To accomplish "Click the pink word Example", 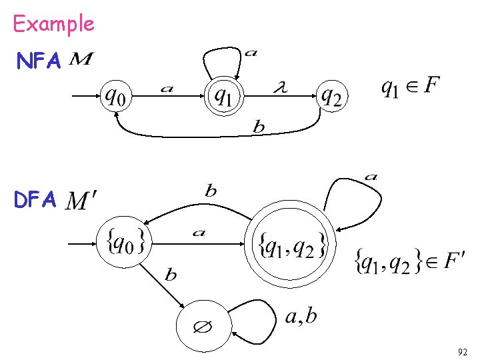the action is [x=53, y=24].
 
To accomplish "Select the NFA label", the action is [x=39, y=61].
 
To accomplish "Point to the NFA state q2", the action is [x=331, y=97].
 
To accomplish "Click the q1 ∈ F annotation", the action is [x=409, y=87].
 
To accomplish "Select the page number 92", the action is [x=463, y=351].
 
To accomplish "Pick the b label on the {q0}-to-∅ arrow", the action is [x=171, y=275].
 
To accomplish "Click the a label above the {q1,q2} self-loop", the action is [x=371, y=177].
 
